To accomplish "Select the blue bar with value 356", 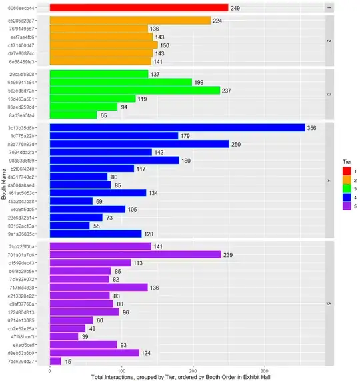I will [177, 128].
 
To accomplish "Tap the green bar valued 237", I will [135, 91].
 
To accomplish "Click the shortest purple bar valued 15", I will [55, 361].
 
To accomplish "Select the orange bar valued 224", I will [130, 21].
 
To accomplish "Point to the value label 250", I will [237, 144].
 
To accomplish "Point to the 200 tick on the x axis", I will [193, 370].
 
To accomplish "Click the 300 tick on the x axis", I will [265, 370].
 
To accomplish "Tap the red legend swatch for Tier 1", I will [337, 172].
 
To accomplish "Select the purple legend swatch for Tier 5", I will [337, 206].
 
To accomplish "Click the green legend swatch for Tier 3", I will [337, 189].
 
